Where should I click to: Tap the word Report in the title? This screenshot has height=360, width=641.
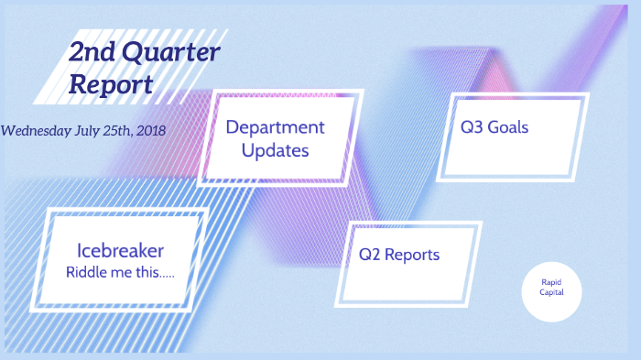[110, 84]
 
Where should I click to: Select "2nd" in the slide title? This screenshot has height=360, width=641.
[92, 53]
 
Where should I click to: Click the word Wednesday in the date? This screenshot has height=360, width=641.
[37, 130]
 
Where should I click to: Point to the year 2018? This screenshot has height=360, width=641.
[149, 130]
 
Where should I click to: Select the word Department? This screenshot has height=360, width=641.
[275, 126]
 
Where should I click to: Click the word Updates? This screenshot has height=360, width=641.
[275, 149]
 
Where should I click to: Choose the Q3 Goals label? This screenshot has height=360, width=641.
[494, 127]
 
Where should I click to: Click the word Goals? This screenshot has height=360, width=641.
[508, 127]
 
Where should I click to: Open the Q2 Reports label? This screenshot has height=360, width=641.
[398, 254]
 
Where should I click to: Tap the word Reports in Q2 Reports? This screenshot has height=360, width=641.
[412, 254]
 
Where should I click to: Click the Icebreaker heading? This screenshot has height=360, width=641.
[121, 250]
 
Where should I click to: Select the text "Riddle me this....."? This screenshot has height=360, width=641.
[121, 272]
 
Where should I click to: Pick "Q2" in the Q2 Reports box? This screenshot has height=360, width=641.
[369, 254]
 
